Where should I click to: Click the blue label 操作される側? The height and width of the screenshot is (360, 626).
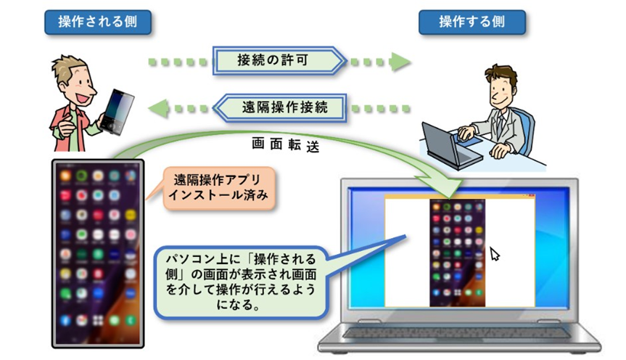[98, 22]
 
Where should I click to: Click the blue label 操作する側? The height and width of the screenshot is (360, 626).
[472, 22]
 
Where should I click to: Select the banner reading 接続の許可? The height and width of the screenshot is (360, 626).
[279, 60]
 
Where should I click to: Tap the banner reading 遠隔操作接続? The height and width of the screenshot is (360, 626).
[279, 107]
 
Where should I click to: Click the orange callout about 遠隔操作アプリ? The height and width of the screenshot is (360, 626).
[219, 188]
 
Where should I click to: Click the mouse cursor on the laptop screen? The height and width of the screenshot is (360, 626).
[494, 254]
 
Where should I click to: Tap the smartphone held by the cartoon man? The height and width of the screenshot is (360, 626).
[117, 112]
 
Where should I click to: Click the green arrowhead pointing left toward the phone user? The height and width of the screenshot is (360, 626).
[159, 108]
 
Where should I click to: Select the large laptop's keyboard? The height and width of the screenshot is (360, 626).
[458, 333]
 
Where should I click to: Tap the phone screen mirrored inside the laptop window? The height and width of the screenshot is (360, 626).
[457, 253]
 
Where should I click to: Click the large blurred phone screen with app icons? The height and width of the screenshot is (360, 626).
[98, 253]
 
